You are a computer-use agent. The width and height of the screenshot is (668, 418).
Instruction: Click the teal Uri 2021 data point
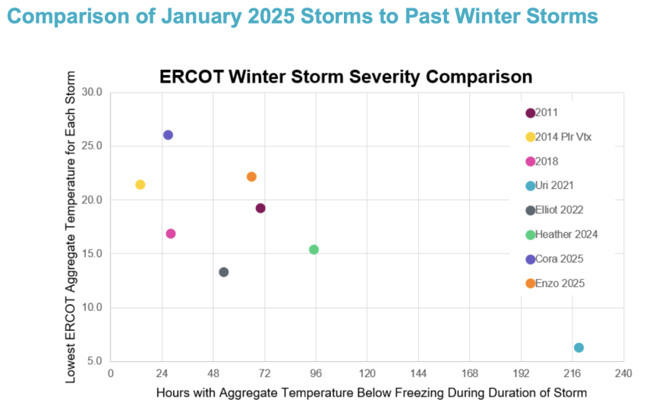(x=578, y=347)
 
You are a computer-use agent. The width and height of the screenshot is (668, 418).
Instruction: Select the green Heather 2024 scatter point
(x=314, y=250)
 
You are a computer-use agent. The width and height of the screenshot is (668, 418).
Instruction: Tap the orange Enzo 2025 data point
(x=251, y=177)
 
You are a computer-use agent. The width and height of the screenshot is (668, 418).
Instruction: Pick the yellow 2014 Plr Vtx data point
(x=140, y=184)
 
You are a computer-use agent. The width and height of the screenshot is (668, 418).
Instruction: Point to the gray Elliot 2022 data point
(x=223, y=272)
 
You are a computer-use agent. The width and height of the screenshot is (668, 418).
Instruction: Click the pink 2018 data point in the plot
(x=171, y=234)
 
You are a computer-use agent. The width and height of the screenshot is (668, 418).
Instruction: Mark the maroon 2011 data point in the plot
(x=260, y=208)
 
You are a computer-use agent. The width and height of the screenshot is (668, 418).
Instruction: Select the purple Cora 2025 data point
(x=168, y=135)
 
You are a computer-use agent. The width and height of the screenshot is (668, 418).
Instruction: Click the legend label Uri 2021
(x=554, y=186)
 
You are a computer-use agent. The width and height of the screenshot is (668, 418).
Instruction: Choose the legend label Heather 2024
(x=566, y=234)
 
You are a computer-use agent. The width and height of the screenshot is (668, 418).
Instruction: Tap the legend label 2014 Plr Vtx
(x=562, y=137)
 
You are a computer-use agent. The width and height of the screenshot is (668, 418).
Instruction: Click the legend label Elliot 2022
(x=559, y=210)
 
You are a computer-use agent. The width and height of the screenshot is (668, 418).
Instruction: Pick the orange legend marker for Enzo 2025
(x=530, y=284)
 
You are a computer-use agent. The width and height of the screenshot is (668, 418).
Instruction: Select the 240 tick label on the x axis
(x=623, y=375)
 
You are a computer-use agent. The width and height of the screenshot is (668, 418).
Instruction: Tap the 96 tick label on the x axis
(x=316, y=375)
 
